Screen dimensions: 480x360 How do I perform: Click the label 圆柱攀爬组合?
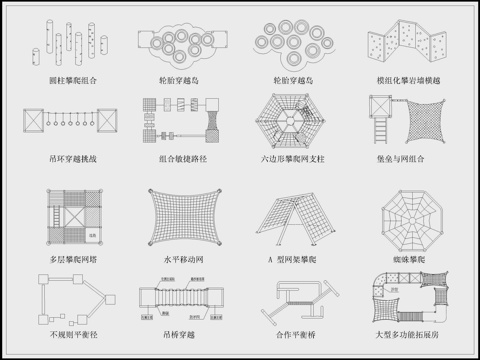click(x=73, y=78)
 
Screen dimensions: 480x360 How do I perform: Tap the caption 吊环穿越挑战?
click(x=73, y=158)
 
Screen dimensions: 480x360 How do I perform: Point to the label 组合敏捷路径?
click(x=182, y=158)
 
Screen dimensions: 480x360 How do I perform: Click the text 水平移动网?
click(x=182, y=258)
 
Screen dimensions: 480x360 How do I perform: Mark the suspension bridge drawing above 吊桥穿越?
click(x=182, y=301)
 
